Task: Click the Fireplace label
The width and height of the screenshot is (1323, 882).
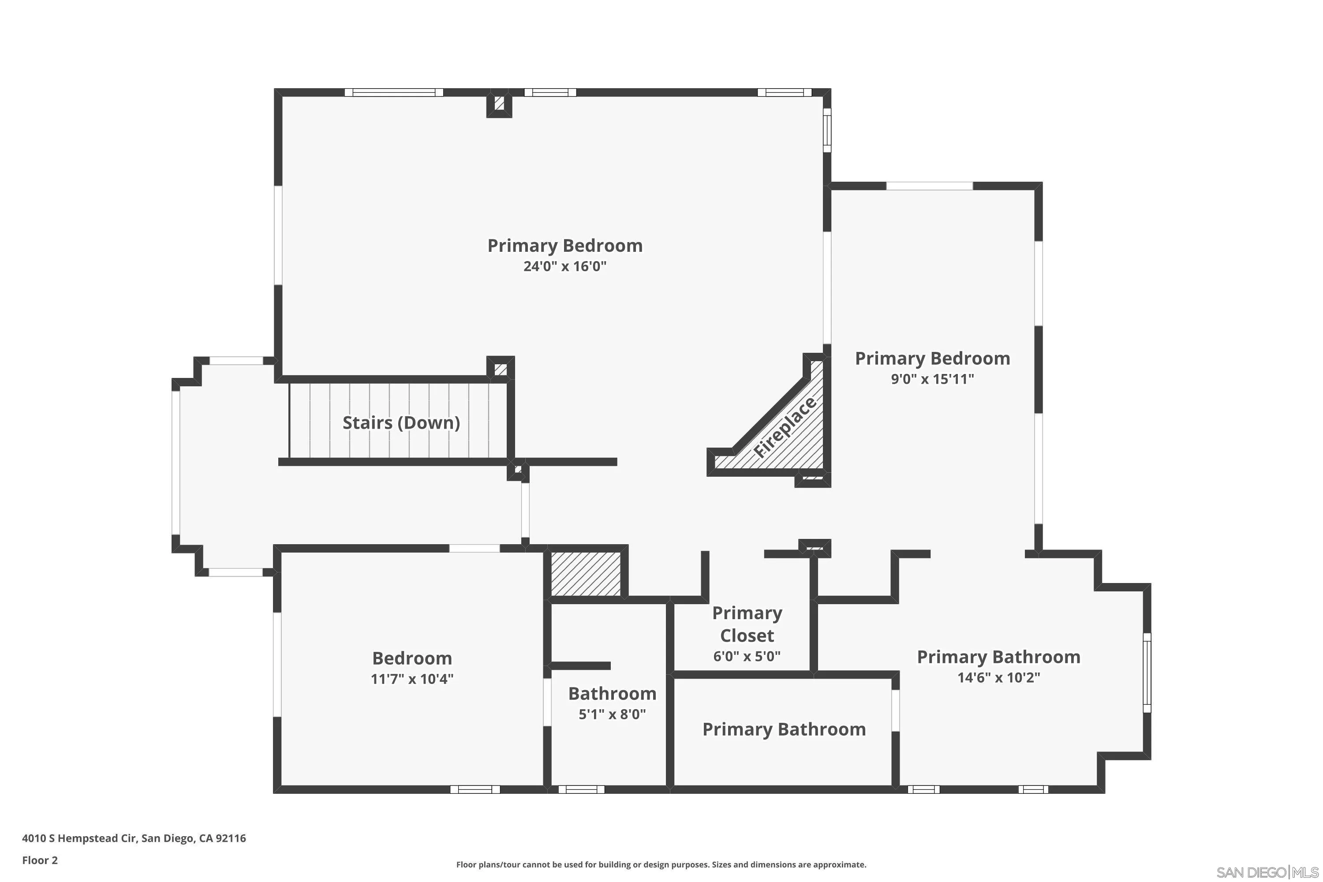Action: pos(784,427)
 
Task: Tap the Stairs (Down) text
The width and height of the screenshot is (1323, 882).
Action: pos(401,422)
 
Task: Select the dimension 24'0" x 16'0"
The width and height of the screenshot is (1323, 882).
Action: pos(565,266)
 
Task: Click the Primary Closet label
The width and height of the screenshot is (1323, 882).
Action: pos(747,624)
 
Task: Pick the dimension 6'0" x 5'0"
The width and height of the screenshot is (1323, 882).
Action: pos(747,656)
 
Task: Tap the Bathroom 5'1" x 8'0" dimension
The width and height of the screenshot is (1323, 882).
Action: pos(612,714)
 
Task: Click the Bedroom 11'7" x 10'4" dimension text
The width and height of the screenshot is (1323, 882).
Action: pos(412,679)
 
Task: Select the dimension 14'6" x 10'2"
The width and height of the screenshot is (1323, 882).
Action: pos(998,677)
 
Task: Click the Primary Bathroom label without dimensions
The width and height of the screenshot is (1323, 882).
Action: pos(784,729)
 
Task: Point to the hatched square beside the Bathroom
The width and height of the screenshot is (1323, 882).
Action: pos(586,574)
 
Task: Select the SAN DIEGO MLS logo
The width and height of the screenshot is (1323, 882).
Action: pos(1268,872)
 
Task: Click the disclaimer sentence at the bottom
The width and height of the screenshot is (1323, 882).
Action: pos(661,864)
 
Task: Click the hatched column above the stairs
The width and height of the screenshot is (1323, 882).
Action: pos(501,370)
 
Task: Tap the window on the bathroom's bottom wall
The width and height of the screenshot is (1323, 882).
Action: pos(581,790)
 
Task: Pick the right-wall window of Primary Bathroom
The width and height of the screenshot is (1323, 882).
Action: pos(1147,673)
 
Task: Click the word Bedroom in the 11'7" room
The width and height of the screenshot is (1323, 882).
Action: pos(412,658)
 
